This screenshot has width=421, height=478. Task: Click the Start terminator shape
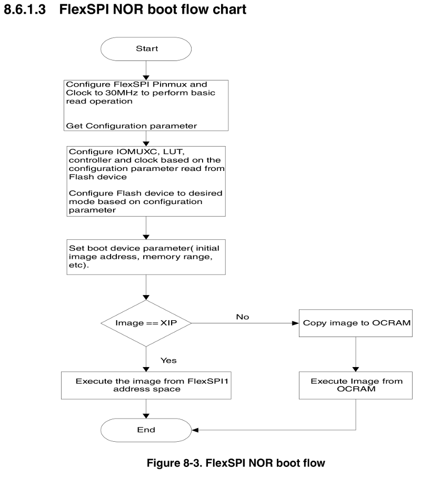click(x=146, y=48)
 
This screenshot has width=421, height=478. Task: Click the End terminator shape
click(x=146, y=430)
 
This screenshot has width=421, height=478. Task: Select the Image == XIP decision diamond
click(x=146, y=323)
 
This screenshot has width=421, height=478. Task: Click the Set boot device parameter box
click(x=146, y=257)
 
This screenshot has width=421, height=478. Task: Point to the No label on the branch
click(x=243, y=317)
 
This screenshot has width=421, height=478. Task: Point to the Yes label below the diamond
click(x=168, y=360)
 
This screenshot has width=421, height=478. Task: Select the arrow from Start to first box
click(x=146, y=69)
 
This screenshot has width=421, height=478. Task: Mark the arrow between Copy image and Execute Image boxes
click(x=356, y=353)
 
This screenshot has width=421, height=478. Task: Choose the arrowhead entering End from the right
click(x=195, y=430)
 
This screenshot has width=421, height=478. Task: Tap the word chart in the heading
click(x=229, y=9)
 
